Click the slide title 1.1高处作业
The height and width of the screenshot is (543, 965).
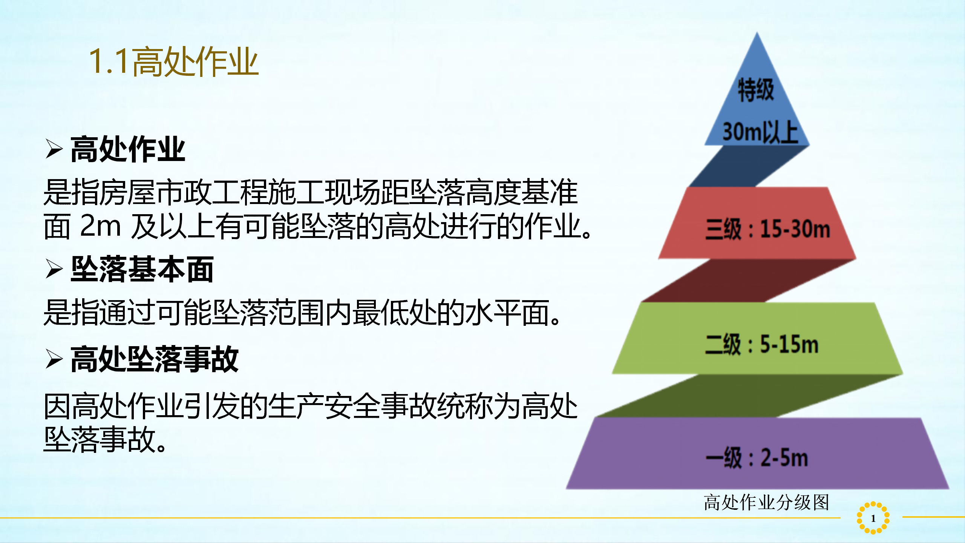(x=174, y=61)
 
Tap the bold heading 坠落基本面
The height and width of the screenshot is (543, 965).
(x=142, y=269)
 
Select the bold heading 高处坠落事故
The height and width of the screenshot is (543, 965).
(x=155, y=359)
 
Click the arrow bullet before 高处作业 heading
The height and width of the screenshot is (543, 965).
(x=54, y=149)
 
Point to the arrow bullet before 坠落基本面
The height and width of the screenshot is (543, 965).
(x=54, y=269)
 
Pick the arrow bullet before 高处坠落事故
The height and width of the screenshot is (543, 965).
(x=54, y=359)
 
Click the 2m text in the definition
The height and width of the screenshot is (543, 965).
(x=100, y=226)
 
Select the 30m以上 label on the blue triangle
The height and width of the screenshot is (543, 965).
(x=760, y=132)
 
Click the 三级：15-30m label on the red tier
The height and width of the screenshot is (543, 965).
(x=768, y=229)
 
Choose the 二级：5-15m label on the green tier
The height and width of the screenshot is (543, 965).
(x=762, y=344)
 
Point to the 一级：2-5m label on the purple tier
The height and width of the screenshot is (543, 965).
(x=757, y=458)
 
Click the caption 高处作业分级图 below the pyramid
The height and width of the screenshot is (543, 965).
(x=766, y=502)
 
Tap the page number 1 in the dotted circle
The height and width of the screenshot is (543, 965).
(x=873, y=518)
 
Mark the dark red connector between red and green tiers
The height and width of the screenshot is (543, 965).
(x=748, y=281)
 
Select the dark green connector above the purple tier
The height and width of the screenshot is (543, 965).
(x=750, y=396)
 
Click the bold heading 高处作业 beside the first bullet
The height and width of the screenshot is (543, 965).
(x=128, y=149)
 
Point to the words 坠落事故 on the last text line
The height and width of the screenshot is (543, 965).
(x=100, y=439)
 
